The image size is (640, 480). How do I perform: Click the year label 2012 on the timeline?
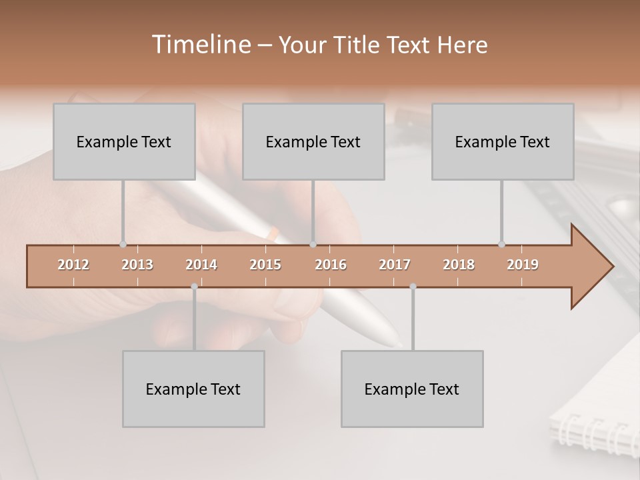pos(73,265)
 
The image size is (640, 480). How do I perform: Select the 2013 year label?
pos(137,265)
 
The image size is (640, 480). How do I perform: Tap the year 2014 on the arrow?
pos(201,265)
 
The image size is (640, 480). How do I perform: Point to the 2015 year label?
pos(265,265)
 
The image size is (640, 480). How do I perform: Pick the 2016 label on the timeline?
pos(331,265)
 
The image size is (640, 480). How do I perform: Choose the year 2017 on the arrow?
pos(395,265)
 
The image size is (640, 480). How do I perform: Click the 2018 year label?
pos(459,265)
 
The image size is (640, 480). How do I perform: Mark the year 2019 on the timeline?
pos(523,265)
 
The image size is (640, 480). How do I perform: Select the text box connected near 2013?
pos(124,142)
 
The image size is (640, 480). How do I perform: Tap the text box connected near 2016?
pos(313,142)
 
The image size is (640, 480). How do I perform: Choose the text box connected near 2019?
pos(503,142)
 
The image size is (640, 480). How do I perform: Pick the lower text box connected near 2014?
pos(193,389)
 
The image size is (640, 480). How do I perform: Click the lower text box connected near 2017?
pos(412,389)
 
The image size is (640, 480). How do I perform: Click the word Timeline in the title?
pos(200,45)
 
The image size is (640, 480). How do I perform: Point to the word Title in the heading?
pos(358,45)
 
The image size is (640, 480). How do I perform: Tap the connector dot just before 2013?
pos(123,244)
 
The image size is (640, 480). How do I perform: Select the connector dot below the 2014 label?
pos(194,287)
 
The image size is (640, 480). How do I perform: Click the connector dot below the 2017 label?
pos(413,287)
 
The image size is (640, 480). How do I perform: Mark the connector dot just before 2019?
pos(501,244)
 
